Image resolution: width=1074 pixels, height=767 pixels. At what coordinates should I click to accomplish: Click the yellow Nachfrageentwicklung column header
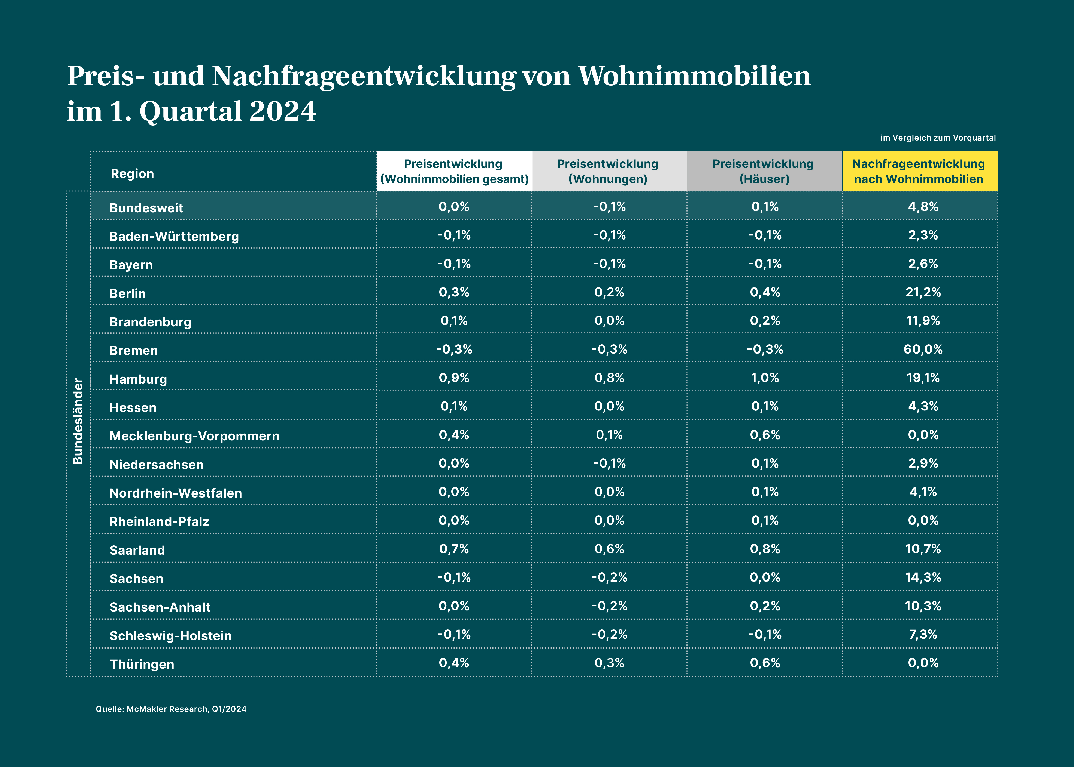pos(919,172)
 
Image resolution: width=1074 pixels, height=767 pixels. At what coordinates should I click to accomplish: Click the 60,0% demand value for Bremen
pos(923,349)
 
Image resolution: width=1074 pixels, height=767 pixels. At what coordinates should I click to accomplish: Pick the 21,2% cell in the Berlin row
pos(923,292)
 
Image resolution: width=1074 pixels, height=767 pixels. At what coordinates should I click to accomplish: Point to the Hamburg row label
pos(138,379)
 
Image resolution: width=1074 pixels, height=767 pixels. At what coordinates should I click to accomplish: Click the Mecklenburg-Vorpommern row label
pos(194,436)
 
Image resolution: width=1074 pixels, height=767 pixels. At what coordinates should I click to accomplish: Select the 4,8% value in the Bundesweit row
pos(923,207)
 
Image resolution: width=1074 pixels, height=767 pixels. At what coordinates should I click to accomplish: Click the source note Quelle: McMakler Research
pos(171,709)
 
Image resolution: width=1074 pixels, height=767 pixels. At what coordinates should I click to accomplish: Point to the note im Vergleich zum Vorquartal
pos(938,138)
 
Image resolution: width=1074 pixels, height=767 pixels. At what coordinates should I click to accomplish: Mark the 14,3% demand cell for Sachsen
pos(923,577)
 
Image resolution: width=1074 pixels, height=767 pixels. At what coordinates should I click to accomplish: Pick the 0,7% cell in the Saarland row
pos(454,549)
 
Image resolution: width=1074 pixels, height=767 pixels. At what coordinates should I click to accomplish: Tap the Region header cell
pos(132,174)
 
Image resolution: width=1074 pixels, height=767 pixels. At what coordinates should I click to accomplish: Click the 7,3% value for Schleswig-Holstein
pos(923,634)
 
